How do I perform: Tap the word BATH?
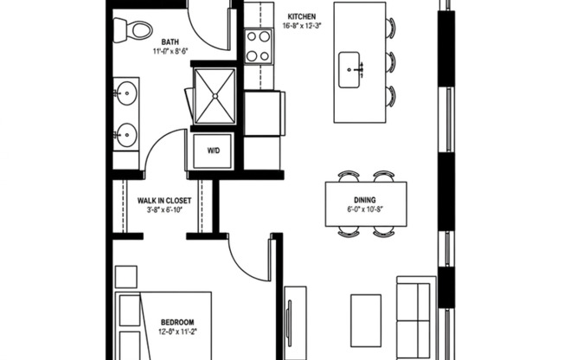click(x=171, y=41)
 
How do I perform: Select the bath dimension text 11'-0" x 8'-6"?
click(x=171, y=52)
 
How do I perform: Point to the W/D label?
click(x=213, y=151)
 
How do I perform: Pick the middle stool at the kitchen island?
click(x=390, y=62)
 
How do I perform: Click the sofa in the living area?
click(x=416, y=316)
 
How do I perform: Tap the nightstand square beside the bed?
click(x=125, y=277)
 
